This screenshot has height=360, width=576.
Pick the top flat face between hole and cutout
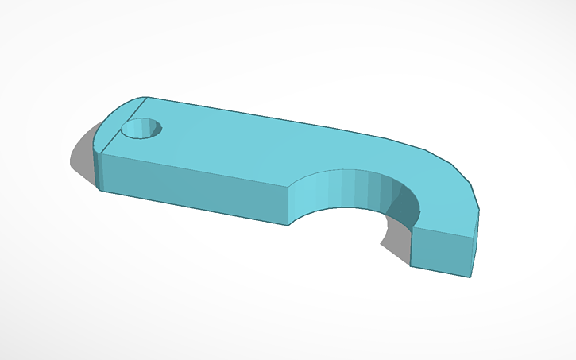coord(230,143)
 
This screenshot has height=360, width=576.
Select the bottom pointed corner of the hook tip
coord(469,277)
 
